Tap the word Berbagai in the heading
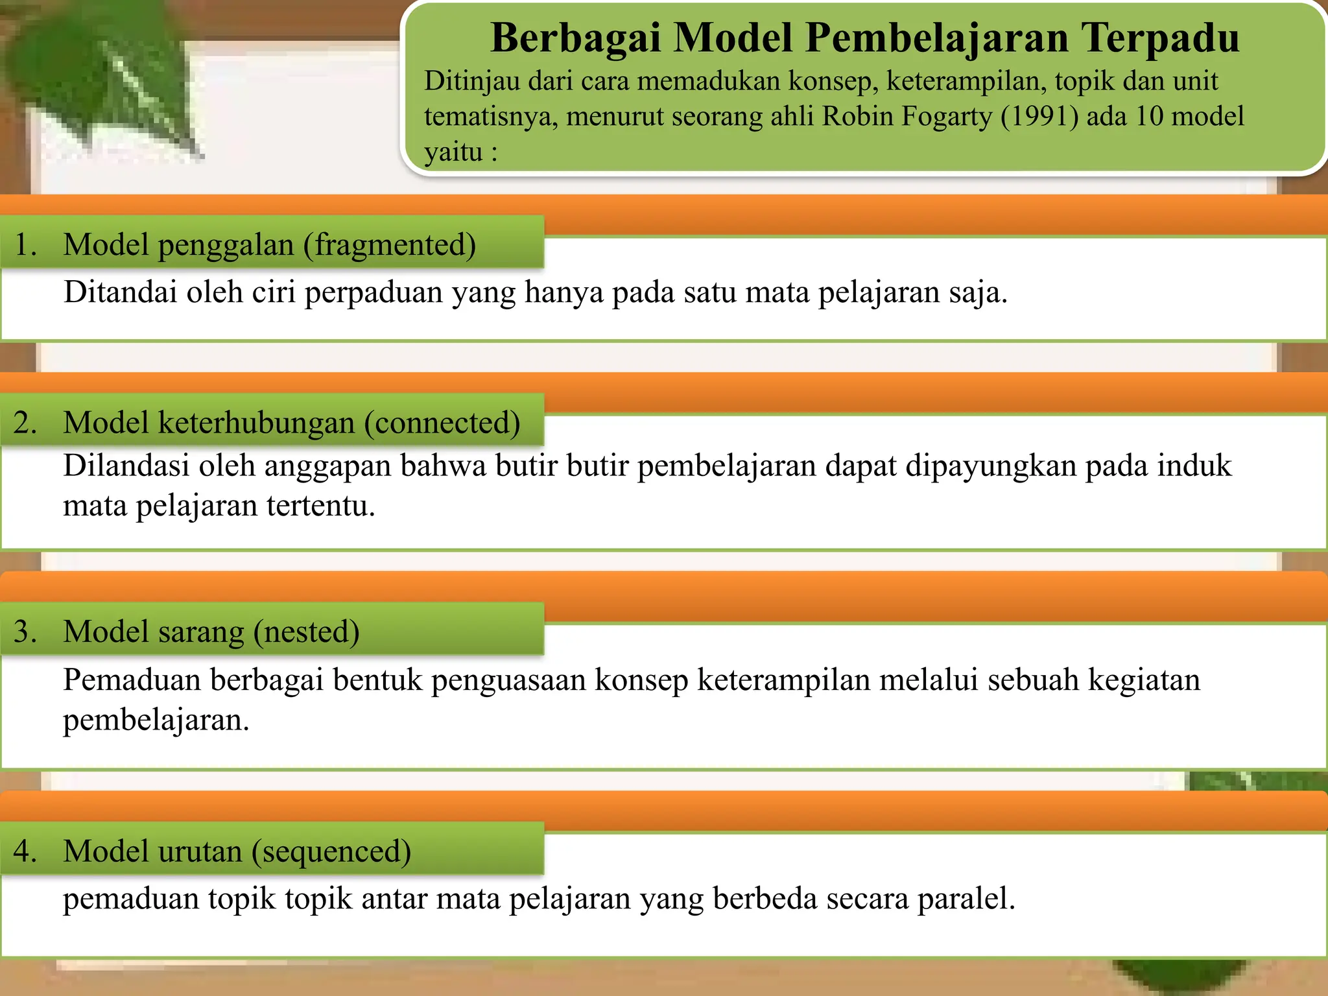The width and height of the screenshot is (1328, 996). [x=575, y=38]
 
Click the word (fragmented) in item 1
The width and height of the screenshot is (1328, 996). [x=394, y=245]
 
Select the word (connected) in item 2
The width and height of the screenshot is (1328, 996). [x=442, y=423]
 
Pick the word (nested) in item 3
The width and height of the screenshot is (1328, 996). [x=305, y=632]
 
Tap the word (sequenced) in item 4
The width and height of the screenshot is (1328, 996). [x=331, y=851]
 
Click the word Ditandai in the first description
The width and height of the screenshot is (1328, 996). [x=120, y=292]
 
